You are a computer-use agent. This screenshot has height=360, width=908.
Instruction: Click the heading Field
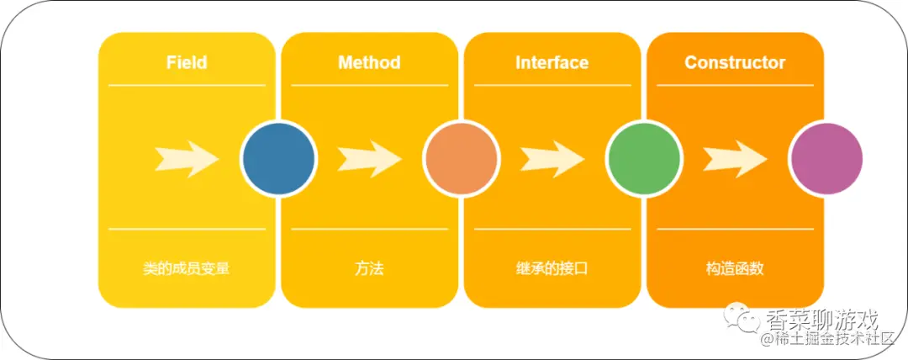click(x=187, y=62)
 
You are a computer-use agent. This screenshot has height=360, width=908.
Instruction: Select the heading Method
click(x=369, y=62)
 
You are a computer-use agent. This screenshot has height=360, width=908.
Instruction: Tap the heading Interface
click(x=552, y=62)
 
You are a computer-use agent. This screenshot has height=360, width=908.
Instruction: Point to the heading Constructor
click(x=735, y=62)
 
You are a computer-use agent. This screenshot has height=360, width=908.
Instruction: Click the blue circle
click(x=278, y=159)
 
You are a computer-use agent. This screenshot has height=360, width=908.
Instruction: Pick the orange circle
click(x=461, y=159)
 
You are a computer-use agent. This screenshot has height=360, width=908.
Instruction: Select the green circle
click(x=643, y=159)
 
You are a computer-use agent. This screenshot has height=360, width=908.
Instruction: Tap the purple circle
click(x=826, y=159)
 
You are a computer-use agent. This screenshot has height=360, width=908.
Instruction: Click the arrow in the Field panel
click(x=187, y=159)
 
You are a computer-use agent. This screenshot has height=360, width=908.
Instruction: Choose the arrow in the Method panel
click(x=370, y=159)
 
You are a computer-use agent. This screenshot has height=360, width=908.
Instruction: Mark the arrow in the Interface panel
click(x=552, y=159)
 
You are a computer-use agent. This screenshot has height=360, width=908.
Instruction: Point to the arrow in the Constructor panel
click(x=736, y=159)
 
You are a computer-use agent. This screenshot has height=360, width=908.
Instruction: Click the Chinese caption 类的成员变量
click(x=187, y=269)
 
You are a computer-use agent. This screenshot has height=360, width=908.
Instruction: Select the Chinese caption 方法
click(x=369, y=269)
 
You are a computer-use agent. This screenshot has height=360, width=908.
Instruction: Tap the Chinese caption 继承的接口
click(x=552, y=269)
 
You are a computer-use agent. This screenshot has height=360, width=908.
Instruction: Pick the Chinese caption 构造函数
click(x=735, y=269)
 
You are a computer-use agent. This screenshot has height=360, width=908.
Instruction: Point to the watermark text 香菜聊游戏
click(x=823, y=320)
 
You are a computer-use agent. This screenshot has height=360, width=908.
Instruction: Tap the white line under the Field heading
click(x=187, y=85)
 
